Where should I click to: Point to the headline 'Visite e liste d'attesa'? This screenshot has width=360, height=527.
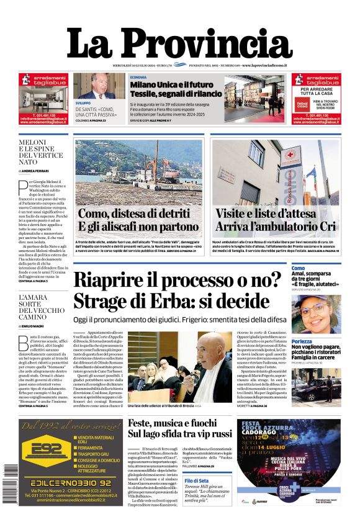click(x=274, y=214)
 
